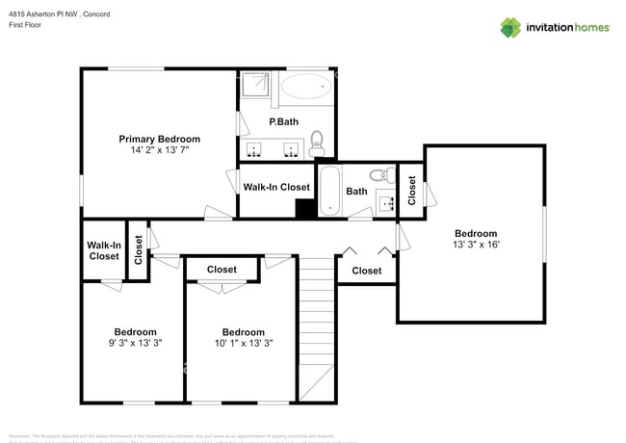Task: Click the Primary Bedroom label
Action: (159, 139)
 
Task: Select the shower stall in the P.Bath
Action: (256, 87)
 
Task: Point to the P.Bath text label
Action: (283, 121)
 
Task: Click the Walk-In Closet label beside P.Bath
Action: (276, 187)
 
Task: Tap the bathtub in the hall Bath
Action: (328, 191)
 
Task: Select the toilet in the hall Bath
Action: (382, 174)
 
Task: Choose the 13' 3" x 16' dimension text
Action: (476, 245)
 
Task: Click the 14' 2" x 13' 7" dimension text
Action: (159, 150)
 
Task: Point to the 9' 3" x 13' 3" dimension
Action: (135, 343)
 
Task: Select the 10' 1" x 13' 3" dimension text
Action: (243, 343)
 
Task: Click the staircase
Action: (316, 327)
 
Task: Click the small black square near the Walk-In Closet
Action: (305, 209)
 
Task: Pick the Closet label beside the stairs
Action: (366, 271)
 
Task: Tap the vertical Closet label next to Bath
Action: (411, 190)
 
